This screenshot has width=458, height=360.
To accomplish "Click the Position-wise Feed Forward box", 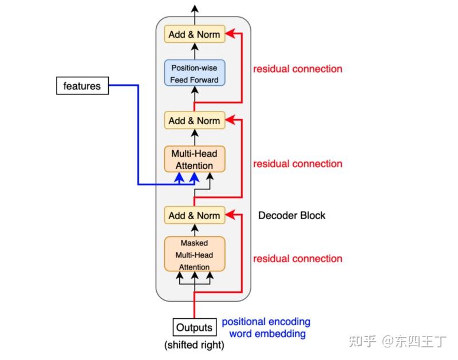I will point(195,73).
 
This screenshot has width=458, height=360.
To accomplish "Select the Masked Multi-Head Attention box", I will point(195,254).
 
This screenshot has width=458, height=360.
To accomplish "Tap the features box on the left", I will point(82,86).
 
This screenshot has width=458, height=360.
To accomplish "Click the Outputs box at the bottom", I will point(195,328).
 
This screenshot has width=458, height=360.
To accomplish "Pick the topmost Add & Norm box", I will point(195,34).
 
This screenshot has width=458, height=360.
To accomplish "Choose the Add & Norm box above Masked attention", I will point(195,215).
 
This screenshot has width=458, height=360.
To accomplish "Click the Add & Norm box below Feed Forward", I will point(195,121).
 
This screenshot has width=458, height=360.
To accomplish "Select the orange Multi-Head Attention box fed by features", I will point(195,159).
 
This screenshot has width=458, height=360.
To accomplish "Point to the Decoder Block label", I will point(291,215).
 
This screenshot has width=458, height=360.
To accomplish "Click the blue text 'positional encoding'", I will point(266,322).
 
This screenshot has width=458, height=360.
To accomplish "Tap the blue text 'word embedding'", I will point(267,334).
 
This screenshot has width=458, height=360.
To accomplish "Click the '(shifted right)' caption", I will point(195,345).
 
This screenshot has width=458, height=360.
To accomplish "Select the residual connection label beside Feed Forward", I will point(298,69).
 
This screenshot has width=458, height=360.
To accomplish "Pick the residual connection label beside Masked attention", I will point(298,259).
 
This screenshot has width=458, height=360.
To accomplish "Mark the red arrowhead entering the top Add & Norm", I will point(230,34).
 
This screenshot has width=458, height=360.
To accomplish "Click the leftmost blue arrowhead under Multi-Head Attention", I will point(180,178).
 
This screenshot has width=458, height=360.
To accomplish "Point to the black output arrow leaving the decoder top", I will point(195,10).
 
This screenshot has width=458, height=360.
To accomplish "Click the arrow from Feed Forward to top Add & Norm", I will point(195,50).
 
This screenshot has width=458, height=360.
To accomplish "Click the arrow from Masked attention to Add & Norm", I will point(195,230).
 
